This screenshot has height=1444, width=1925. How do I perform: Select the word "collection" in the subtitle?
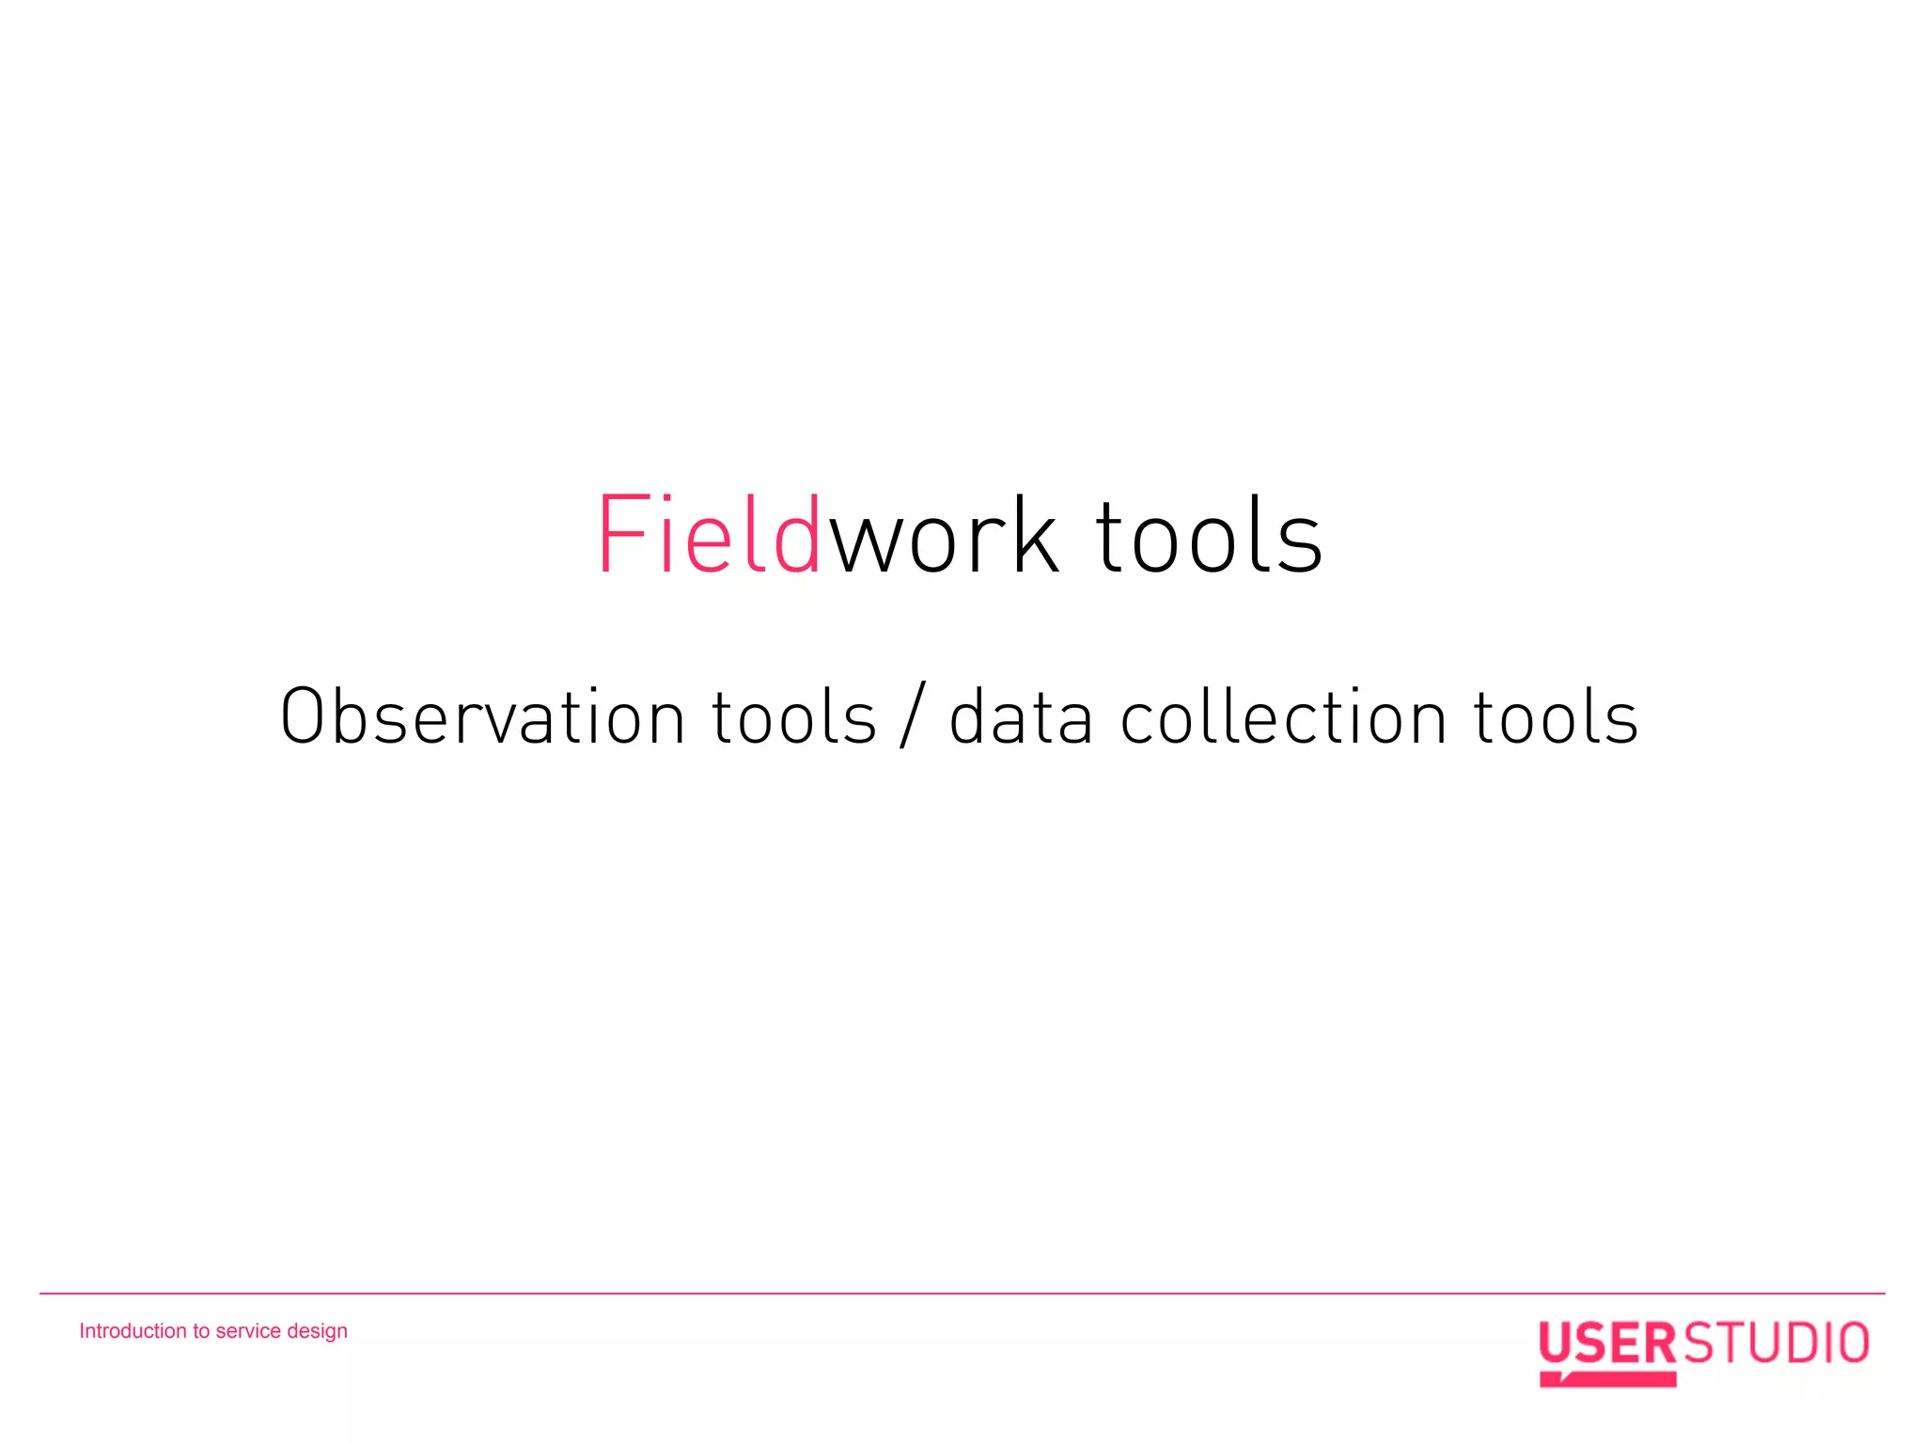pos(1284,717)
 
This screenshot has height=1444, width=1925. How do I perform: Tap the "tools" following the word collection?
pos(1556,717)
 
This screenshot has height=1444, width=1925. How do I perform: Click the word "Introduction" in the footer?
pos(133,1331)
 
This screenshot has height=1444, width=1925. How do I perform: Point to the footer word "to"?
pos(201,1331)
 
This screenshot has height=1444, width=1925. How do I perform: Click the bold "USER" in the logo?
pos(1607,1342)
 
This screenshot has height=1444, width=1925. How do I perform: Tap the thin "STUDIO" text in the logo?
pos(1775,1342)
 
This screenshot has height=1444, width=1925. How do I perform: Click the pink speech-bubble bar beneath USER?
pos(1607,1379)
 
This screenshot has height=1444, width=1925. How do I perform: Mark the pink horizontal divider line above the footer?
pos(962,1294)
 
